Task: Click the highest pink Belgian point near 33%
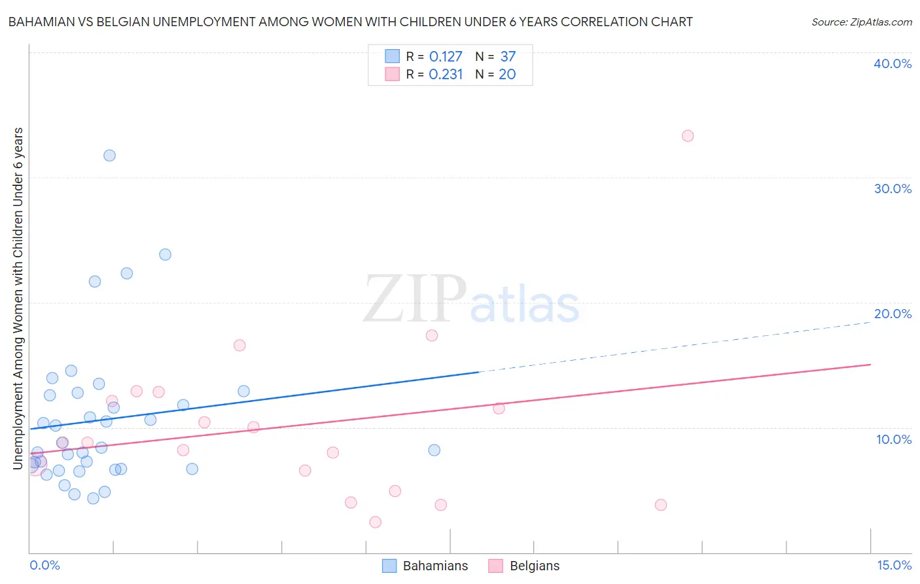pyautogui.click(x=687, y=136)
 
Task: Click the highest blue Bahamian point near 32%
pyautogui.click(x=109, y=156)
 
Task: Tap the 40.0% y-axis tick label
pyautogui.click(x=893, y=64)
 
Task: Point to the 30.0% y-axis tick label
pyautogui.click(x=893, y=189)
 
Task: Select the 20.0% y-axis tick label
pyautogui.click(x=893, y=314)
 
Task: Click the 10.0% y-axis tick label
pyautogui.click(x=894, y=439)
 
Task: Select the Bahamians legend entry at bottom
pyautogui.click(x=426, y=566)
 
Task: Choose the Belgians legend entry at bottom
pyautogui.click(x=525, y=566)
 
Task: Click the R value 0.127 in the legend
pyautogui.click(x=446, y=57)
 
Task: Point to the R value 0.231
pyautogui.click(x=446, y=75)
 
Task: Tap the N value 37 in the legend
pyautogui.click(x=508, y=57)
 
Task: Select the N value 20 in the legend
pyautogui.click(x=507, y=75)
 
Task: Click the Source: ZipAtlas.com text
pyautogui.click(x=861, y=22)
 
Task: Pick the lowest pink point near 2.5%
pyautogui.click(x=375, y=522)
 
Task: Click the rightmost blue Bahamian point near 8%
pyautogui.click(x=434, y=450)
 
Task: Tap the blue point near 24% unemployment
pyautogui.click(x=165, y=255)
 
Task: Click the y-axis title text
pyautogui.click(x=18, y=299)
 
